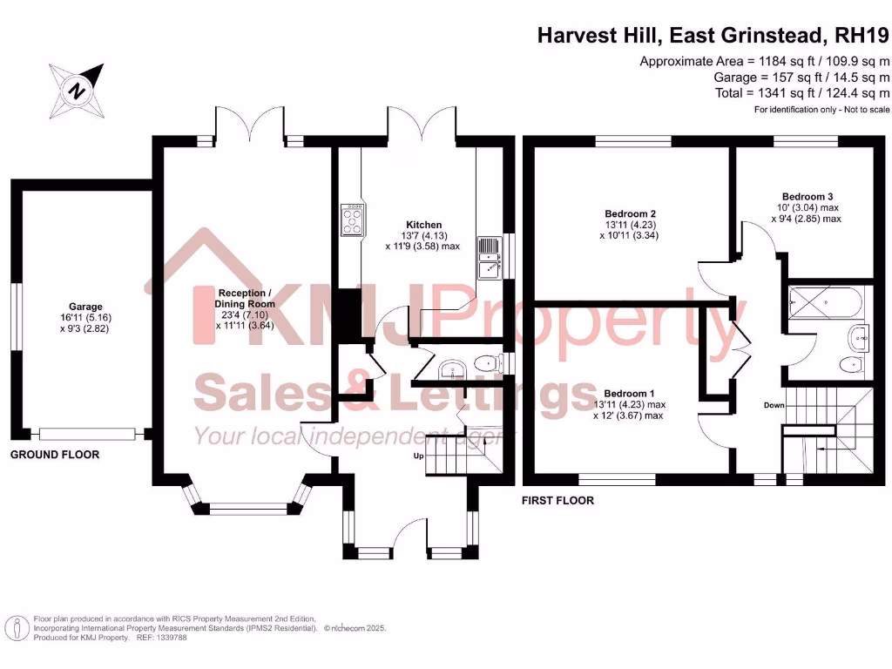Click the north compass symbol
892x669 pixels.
(x=77, y=89)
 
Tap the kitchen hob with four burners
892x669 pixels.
(x=354, y=220)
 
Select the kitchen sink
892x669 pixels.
(x=488, y=258)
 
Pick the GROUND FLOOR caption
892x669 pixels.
(x=55, y=455)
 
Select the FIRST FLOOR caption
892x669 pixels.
(x=557, y=501)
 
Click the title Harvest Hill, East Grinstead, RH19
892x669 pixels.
(x=713, y=36)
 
